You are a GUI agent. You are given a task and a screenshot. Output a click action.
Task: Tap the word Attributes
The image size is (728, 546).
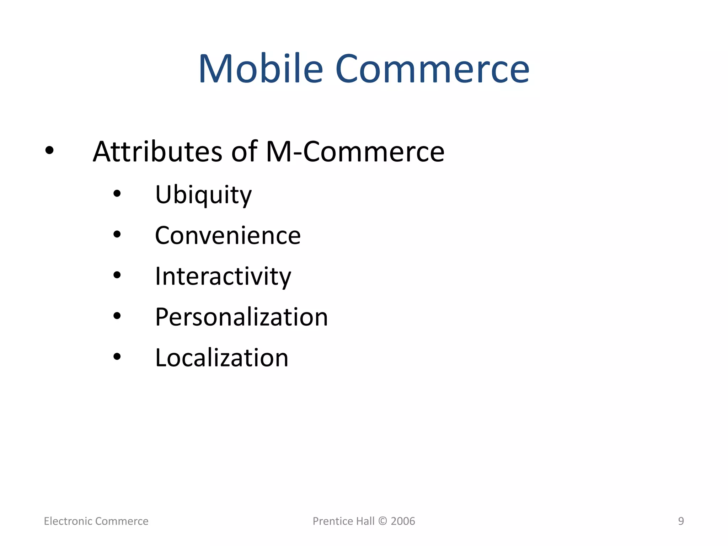point(157,152)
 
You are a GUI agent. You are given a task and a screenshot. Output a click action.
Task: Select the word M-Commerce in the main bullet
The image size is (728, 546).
point(355,152)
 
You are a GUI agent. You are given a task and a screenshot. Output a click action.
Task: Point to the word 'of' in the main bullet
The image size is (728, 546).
point(244,152)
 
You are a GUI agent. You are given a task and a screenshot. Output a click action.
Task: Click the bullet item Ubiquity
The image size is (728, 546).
point(203,195)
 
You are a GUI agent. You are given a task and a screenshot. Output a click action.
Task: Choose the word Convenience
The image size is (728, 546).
point(228,236)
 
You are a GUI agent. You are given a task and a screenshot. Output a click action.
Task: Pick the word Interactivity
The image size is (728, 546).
point(223,276)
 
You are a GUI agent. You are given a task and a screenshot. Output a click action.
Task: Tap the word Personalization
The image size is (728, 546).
point(241,317)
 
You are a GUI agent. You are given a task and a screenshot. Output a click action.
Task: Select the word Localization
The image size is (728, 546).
point(222,358)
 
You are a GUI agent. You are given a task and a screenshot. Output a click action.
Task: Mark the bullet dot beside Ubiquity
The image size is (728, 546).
point(117,194)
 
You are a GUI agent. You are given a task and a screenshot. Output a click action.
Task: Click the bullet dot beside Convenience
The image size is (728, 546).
point(117,235)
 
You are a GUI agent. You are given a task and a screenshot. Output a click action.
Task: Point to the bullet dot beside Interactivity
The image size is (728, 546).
point(117,275)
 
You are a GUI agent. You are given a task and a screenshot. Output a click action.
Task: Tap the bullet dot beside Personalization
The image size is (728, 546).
point(117,316)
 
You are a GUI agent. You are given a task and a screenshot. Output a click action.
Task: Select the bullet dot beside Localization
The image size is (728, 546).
point(117,357)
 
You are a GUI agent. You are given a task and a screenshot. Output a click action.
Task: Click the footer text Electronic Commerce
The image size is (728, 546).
point(96,521)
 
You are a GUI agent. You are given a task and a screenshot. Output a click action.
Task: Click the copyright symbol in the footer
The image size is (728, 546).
point(382,521)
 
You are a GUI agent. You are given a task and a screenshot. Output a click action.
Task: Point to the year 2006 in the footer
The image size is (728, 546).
point(403,521)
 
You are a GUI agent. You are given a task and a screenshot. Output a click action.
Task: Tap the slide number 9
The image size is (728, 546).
point(681,521)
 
